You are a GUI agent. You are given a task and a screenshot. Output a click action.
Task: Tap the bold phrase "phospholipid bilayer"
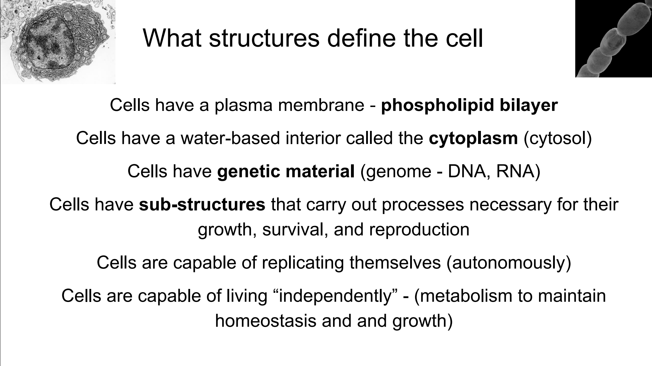[x=469, y=105]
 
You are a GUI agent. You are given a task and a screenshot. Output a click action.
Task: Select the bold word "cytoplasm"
[x=474, y=138]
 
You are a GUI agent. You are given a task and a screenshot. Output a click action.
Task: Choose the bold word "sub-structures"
[x=202, y=204]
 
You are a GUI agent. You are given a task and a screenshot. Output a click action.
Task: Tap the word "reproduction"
[x=419, y=230]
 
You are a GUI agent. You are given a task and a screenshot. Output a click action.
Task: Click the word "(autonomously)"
[x=509, y=263]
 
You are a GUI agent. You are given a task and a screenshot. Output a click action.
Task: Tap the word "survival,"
[x=295, y=230]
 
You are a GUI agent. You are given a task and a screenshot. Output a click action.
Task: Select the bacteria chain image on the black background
[x=613, y=39]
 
